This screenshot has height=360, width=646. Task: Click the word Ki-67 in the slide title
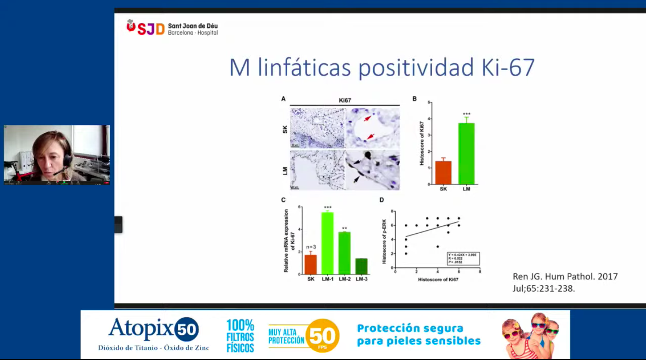coord(505,68)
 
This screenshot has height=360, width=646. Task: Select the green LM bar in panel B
coord(466,153)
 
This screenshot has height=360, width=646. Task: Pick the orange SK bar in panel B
coord(443,172)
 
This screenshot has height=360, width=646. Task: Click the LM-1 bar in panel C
coord(327,243)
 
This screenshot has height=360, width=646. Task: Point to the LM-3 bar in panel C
coord(361,266)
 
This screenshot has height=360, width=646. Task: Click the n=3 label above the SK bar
coord(311,247)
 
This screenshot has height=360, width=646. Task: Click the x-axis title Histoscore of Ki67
coord(438,279)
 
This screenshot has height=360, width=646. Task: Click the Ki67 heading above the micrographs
coord(345,100)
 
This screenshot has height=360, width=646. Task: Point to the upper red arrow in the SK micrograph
coord(368,118)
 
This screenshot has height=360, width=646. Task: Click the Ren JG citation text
coord(565,282)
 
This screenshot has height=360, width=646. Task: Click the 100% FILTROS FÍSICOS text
coord(240,336)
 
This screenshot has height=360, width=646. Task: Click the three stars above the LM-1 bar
coord(327,208)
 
